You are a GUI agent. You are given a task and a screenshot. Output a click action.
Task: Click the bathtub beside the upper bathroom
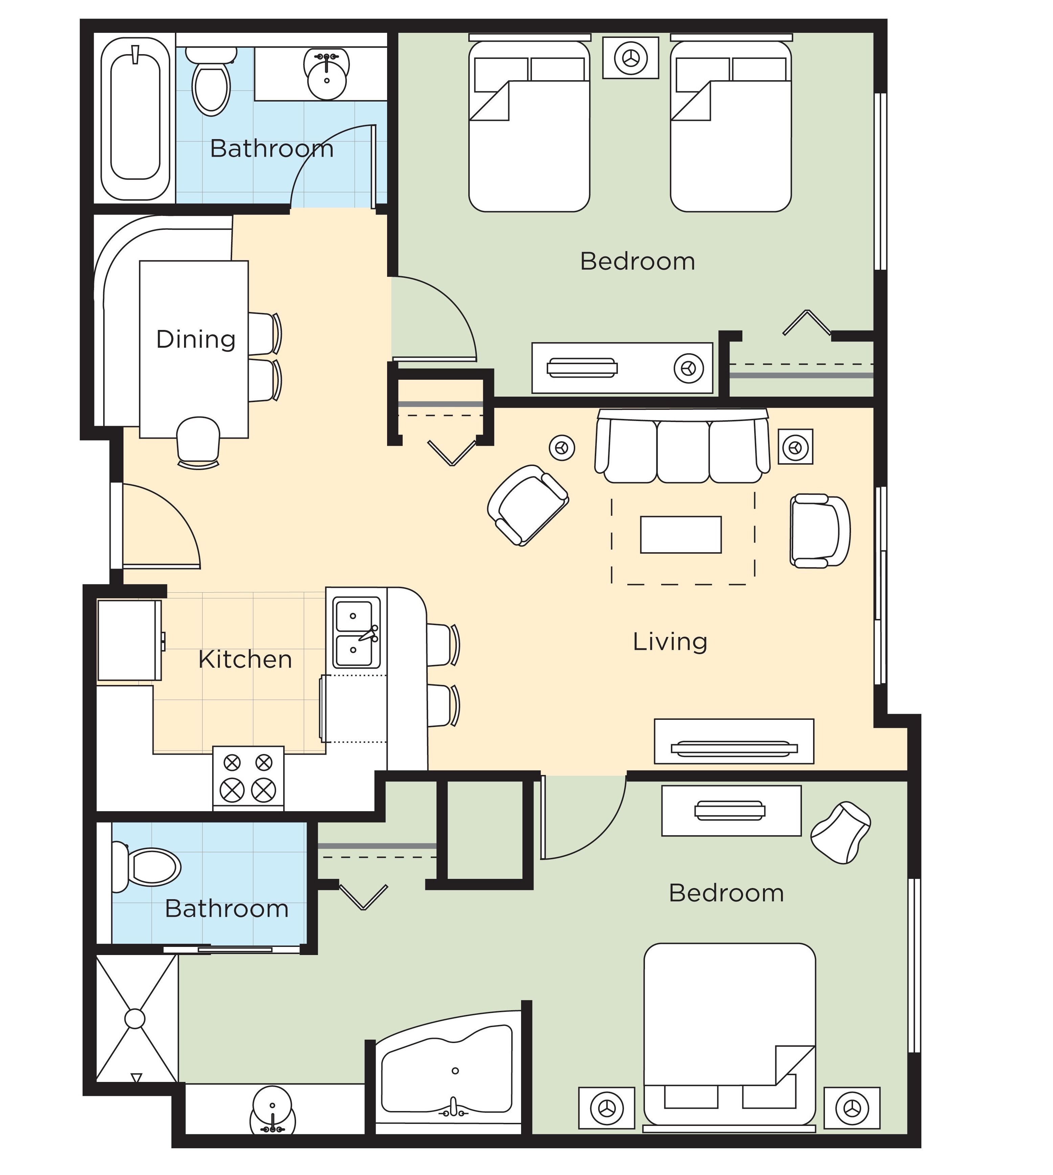coord(135,118)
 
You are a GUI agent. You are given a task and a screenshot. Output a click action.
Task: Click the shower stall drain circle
coord(135,1018)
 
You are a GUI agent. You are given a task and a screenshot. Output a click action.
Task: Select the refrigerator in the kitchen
coord(129,640)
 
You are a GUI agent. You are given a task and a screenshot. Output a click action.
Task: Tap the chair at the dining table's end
coord(198,441)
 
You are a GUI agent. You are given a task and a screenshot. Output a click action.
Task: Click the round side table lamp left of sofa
coord(562,447)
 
